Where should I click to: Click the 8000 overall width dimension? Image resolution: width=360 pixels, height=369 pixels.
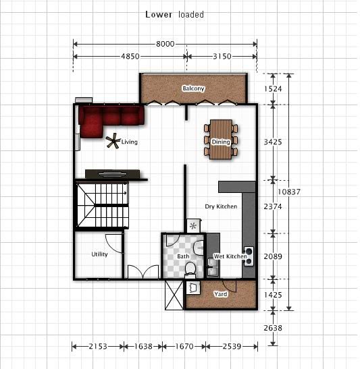(165, 44)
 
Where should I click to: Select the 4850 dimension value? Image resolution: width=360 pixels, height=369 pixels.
(130, 57)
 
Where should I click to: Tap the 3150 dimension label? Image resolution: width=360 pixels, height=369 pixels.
(222, 57)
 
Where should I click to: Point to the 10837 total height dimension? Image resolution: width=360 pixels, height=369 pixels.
(289, 192)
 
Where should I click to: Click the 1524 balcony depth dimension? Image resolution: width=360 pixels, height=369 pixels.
(273, 89)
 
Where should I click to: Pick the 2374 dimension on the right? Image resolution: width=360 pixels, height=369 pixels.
(273, 206)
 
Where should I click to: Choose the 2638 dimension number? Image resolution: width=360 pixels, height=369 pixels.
(273, 328)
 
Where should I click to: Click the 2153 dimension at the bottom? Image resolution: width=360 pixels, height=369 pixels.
(98, 346)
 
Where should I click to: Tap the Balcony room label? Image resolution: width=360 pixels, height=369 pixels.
(193, 88)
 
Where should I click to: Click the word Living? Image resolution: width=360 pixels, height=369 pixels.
(130, 142)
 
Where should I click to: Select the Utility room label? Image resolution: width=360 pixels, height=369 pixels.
(99, 254)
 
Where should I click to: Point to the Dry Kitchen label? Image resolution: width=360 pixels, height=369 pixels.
(221, 206)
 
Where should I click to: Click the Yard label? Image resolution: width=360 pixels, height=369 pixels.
(220, 293)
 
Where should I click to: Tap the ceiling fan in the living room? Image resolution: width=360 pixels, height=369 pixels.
(113, 141)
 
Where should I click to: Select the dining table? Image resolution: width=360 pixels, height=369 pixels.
(221, 140)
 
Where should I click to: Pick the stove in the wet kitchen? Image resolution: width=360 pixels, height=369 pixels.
(249, 256)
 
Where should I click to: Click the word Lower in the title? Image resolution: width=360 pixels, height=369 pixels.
(159, 15)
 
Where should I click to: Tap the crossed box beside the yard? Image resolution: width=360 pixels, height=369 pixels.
(174, 295)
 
